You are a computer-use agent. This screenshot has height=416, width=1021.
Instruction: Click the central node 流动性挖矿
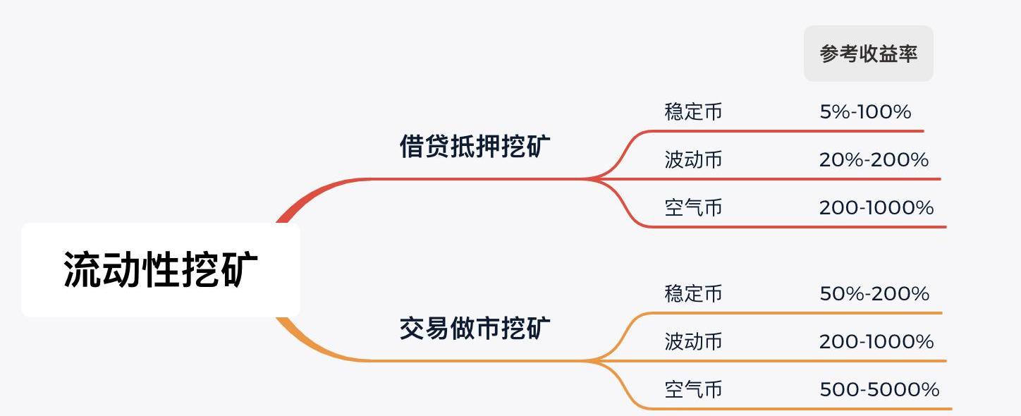tap(161, 269)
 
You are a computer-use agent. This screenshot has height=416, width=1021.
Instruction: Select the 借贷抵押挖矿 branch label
tap(475, 147)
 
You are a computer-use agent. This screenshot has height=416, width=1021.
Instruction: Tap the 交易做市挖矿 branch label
tap(475, 329)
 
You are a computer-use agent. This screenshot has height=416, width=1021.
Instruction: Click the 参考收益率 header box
tap(868, 54)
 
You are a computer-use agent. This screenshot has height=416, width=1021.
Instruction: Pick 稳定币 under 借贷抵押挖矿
tap(693, 112)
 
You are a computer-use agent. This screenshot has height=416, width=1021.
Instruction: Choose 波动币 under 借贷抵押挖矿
tap(693, 160)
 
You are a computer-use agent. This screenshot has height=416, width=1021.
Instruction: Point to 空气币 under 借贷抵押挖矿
tap(693, 208)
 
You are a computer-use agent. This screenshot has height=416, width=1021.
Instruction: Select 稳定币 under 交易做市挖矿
tap(693, 294)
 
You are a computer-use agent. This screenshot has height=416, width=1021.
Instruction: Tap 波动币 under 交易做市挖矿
tap(693, 342)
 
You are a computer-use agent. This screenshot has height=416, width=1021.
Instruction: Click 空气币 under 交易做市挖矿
tap(693, 390)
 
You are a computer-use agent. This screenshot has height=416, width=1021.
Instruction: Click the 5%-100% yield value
tap(865, 112)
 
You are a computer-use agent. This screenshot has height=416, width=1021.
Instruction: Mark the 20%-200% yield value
tap(874, 160)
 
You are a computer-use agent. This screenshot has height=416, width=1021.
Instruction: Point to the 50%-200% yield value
tap(874, 294)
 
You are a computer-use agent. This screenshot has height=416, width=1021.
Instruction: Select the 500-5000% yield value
tap(879, 390)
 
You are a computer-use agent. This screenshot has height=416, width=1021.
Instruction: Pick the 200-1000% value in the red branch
tap(876, 208)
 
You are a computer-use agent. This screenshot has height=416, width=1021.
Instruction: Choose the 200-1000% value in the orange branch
tap(876, 342)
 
